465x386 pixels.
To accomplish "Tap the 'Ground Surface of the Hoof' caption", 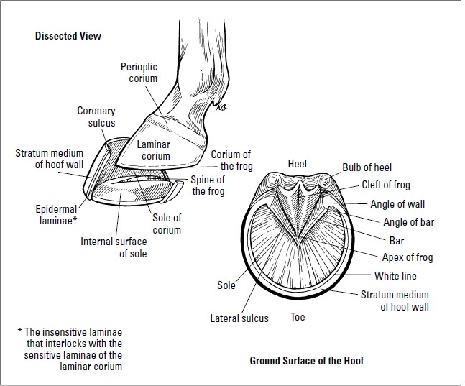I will (x=306, y=360).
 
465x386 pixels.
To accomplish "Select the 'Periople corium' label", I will (x=138, y=73).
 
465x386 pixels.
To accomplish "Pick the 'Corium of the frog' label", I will (x=231, y=160).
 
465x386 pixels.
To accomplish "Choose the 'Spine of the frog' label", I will (x=208, y=185).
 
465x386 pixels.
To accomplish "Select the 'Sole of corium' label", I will (x=166, y=224).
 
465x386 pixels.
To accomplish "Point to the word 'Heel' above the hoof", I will (x=297, y=164).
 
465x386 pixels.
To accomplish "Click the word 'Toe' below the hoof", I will (x=298, y=316).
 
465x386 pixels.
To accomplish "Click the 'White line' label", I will (x=395, y=275).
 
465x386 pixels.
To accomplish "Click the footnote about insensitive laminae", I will (x=70, y=349).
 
